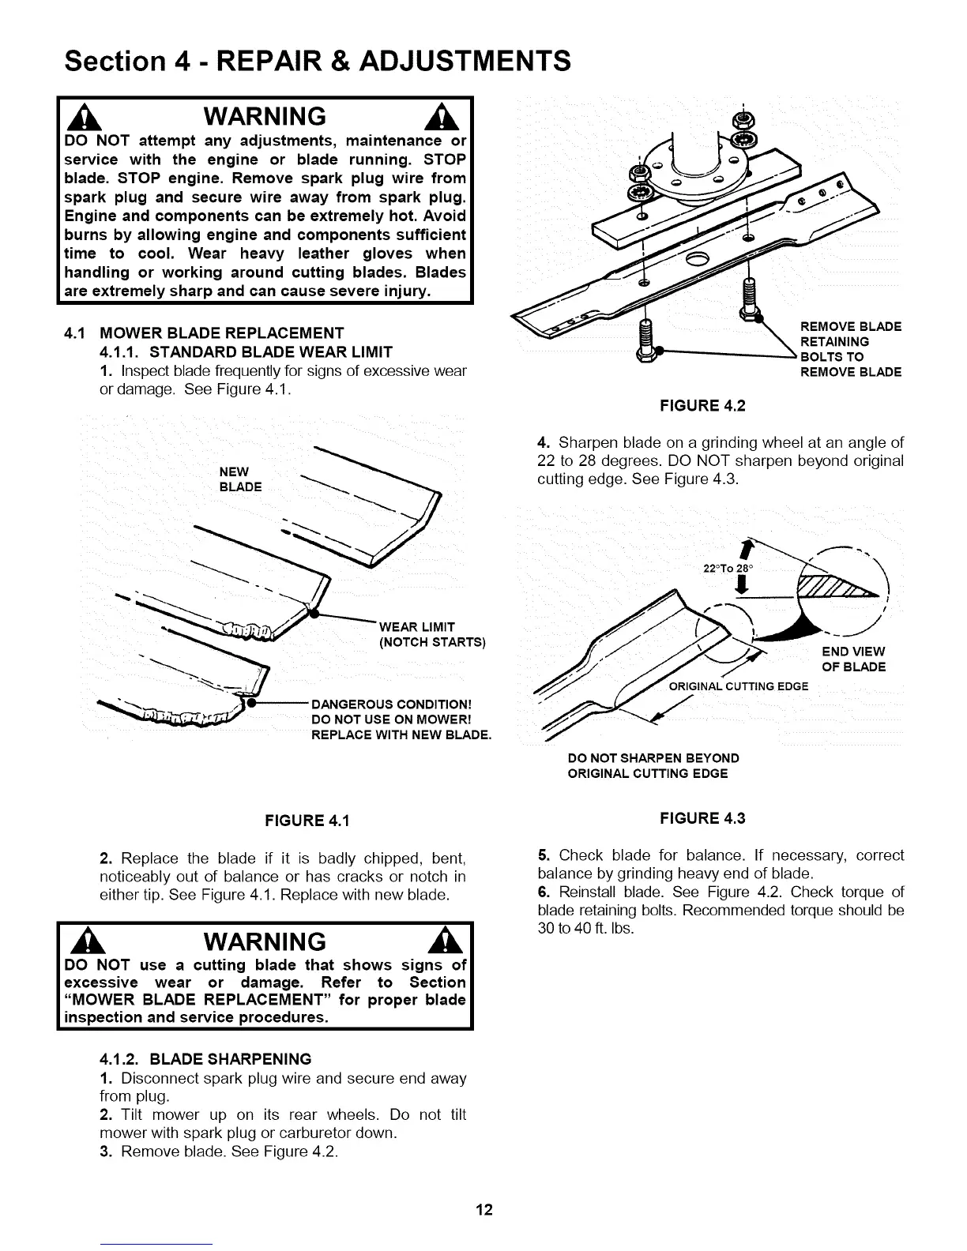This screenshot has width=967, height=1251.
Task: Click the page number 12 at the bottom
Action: coord(483,1210)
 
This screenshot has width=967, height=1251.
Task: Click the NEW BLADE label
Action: coord(240,479)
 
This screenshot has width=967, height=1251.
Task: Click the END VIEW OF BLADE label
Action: coord(853,659)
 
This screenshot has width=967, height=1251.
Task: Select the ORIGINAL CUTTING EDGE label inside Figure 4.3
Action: coord(738,686)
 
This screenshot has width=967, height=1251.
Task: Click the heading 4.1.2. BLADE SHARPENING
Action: coord(205,1058)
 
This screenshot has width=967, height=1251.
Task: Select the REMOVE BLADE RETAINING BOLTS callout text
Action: coord(850,350)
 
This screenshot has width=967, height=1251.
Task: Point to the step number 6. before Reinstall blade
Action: coord(543,892)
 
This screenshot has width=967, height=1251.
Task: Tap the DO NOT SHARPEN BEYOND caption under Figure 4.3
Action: coord(653,758)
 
